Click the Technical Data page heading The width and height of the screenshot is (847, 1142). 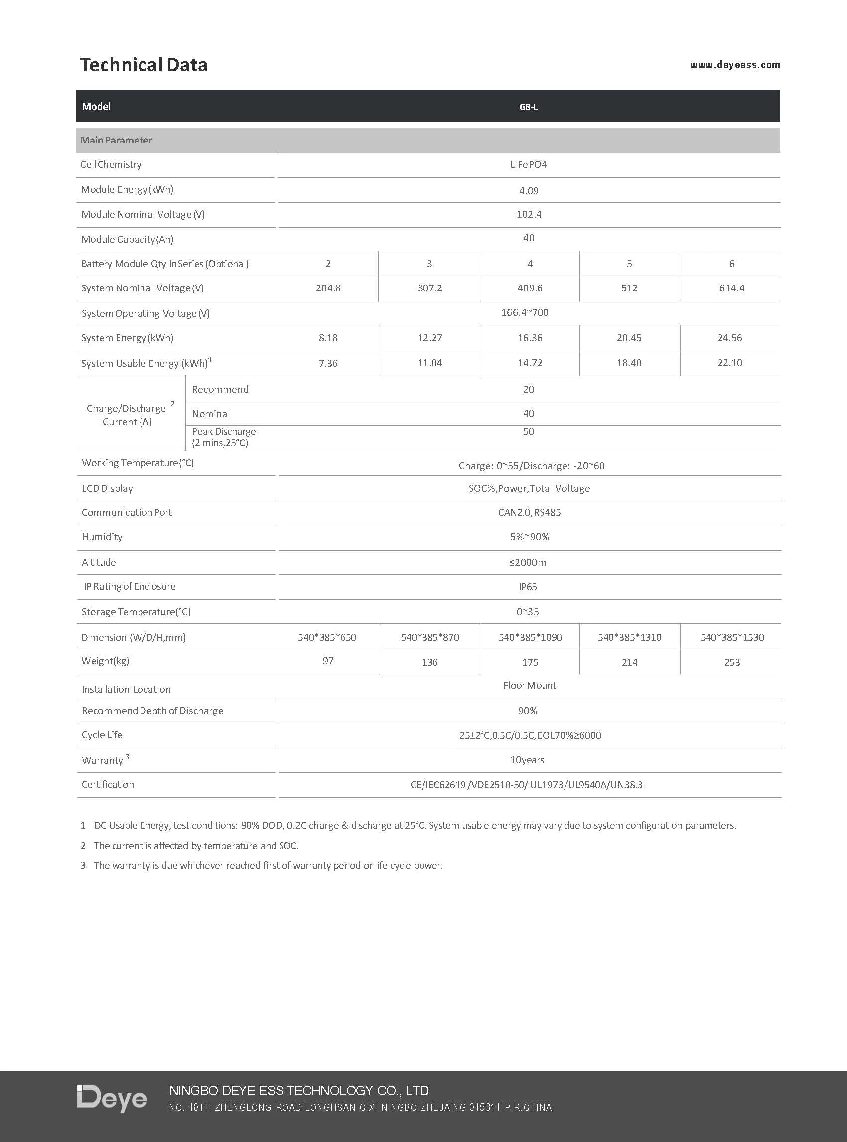[x=143, y=65]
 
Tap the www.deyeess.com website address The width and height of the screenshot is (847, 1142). [x=734, y=65]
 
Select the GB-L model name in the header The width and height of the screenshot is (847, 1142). [x=528, y=107]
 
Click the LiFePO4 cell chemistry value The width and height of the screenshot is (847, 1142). [x=528, y=164]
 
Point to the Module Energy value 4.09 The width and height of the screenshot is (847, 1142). [x=528, y=191]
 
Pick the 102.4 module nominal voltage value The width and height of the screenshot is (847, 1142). [x=528, y=214]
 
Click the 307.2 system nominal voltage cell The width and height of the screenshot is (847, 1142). [x=429, y=288]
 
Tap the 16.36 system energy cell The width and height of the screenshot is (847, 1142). [x=530, y=338]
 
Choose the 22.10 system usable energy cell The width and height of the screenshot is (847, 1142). [x=729, y=363]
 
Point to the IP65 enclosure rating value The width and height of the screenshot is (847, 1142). [x=527, y=586]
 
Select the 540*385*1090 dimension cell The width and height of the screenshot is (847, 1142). [x=530, y=637]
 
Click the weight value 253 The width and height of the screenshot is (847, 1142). [x=731, y=662]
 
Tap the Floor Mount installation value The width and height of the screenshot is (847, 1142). [x=529, y=685]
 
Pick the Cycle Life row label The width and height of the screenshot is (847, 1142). [x=102, y=735]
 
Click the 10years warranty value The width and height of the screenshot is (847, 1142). [x=527, y=760]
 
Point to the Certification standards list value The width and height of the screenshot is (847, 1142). [x=526, y=785]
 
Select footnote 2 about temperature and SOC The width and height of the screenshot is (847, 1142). [x=195, y=846]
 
